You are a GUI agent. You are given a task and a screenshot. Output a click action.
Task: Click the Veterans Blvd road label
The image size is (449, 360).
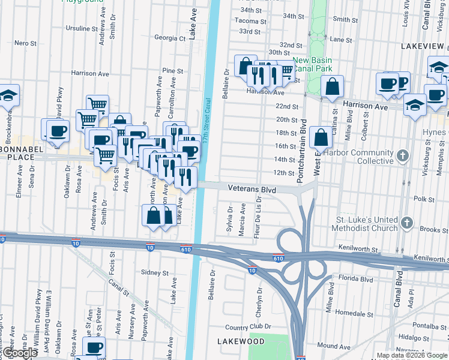tap(252, 189)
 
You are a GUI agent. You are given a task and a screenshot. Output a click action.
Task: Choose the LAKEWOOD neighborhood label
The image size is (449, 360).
tap(241, 341)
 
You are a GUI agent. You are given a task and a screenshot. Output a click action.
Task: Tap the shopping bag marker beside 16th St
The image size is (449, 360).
tap(322, 137)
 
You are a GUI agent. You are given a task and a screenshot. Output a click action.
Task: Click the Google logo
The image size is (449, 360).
tap(20, 353)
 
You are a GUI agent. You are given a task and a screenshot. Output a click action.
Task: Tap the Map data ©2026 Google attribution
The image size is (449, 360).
tap(411, 355)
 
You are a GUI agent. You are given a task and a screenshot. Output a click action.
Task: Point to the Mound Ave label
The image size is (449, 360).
tap(331, 346)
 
